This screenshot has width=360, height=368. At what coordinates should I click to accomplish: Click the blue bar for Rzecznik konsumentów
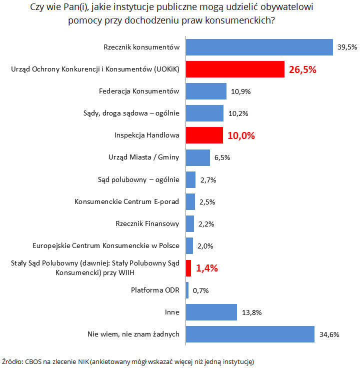pyautogui.click(x=259, y=47)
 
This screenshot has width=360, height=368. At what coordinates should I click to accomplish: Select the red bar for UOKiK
pyautogui.click(x=234, y=69)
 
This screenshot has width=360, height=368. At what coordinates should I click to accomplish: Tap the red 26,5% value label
pyautogui.click(x=302, y=69)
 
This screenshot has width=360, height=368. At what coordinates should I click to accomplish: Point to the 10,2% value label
pyautogui.click(x=237, y=113)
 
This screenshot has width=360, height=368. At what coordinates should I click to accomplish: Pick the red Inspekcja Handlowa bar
pyautogui.click(x=204, y=135)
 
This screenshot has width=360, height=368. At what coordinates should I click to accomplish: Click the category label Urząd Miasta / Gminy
pyautogui.click(x=143, y=157)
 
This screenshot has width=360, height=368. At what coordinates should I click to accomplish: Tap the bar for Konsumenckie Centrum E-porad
pyautogui.click(x=190, y=202)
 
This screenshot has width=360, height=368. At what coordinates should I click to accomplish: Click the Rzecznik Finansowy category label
pyautogui.click(x=147, y=224)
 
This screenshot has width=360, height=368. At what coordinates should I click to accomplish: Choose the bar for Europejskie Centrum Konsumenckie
pyautogui.click(x=189, y=246)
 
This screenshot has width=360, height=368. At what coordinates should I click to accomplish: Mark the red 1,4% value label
pyautogui.click(x=206, y=268)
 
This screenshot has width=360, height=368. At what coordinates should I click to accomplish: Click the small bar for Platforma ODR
pyautogui.click(x=187, y=290)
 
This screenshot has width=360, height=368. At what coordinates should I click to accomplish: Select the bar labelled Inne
pyautogui.click(x=211, y=312)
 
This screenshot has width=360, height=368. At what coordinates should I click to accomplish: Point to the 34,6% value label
pyautogui.click(x=328, y=334)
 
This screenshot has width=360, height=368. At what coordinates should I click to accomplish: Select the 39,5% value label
pyautogui.click(x=347, y=47)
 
